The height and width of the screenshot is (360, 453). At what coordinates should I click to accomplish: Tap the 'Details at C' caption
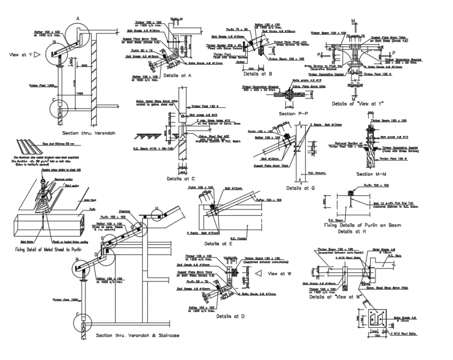coord(181,178)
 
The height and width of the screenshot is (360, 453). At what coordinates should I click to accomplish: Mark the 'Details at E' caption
coord(219,243)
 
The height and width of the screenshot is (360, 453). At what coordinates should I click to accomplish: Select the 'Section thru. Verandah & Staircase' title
coord(137,336)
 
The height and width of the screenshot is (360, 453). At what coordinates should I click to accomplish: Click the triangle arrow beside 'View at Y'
coord(37,54)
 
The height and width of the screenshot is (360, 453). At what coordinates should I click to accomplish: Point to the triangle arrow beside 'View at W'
coord(258,273)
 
